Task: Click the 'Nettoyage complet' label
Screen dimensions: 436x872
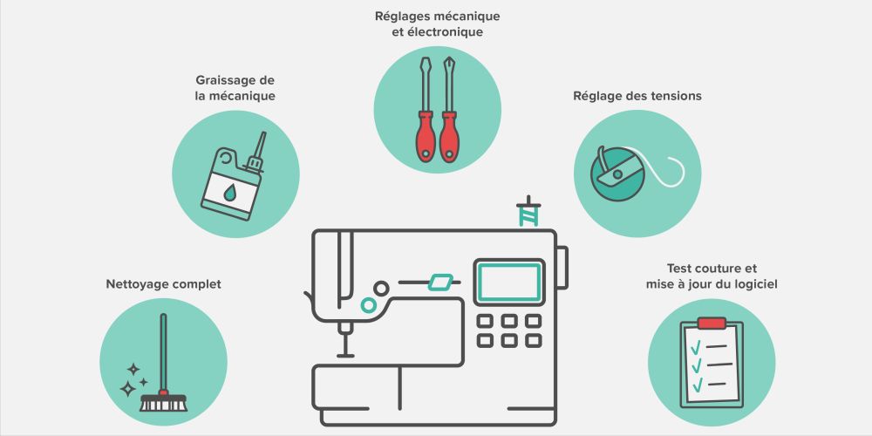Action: [x=163, y=284]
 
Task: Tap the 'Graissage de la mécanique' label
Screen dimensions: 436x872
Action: [x=235, y=88]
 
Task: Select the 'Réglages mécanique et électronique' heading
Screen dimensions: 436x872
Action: [x=437, y=24]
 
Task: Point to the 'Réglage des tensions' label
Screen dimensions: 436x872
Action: [x=637, y=96]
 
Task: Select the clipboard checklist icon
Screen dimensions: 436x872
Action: [x=712, y=361]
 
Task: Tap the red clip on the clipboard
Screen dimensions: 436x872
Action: [x=712, y=324]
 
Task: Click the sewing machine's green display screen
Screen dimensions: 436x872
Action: [x=508, y=283]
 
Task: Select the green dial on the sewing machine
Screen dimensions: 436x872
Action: [x=369, y=304]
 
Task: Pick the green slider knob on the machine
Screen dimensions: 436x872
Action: [x=441, y=283]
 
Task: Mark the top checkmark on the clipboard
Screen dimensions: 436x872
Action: [x=696, y=348]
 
